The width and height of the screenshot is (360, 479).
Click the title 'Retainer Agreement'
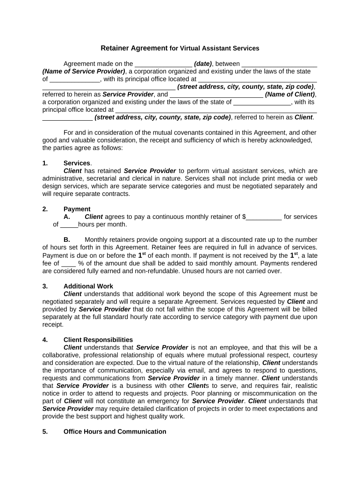(x=134, y=48)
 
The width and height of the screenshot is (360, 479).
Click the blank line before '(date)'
(x=163, y=64)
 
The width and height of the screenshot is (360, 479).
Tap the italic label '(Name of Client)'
(x=290, y=94)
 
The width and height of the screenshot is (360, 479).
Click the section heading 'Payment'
(x=77, y=209)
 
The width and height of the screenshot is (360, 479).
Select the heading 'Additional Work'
(x=88, y=286)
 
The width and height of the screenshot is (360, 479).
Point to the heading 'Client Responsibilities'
(x=98, y=340)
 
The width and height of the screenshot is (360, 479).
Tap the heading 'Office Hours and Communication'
(x=115, y=432)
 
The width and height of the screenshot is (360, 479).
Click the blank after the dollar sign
(x=264, y=217)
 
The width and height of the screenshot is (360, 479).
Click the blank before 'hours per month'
(x=69, y=225)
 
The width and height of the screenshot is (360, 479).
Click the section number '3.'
(x=45, y=286)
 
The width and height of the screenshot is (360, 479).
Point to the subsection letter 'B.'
(x=67, y=240)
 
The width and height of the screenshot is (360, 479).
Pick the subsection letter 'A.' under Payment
(x=67, y=217)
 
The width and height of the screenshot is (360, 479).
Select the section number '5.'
(x=45, y=432)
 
